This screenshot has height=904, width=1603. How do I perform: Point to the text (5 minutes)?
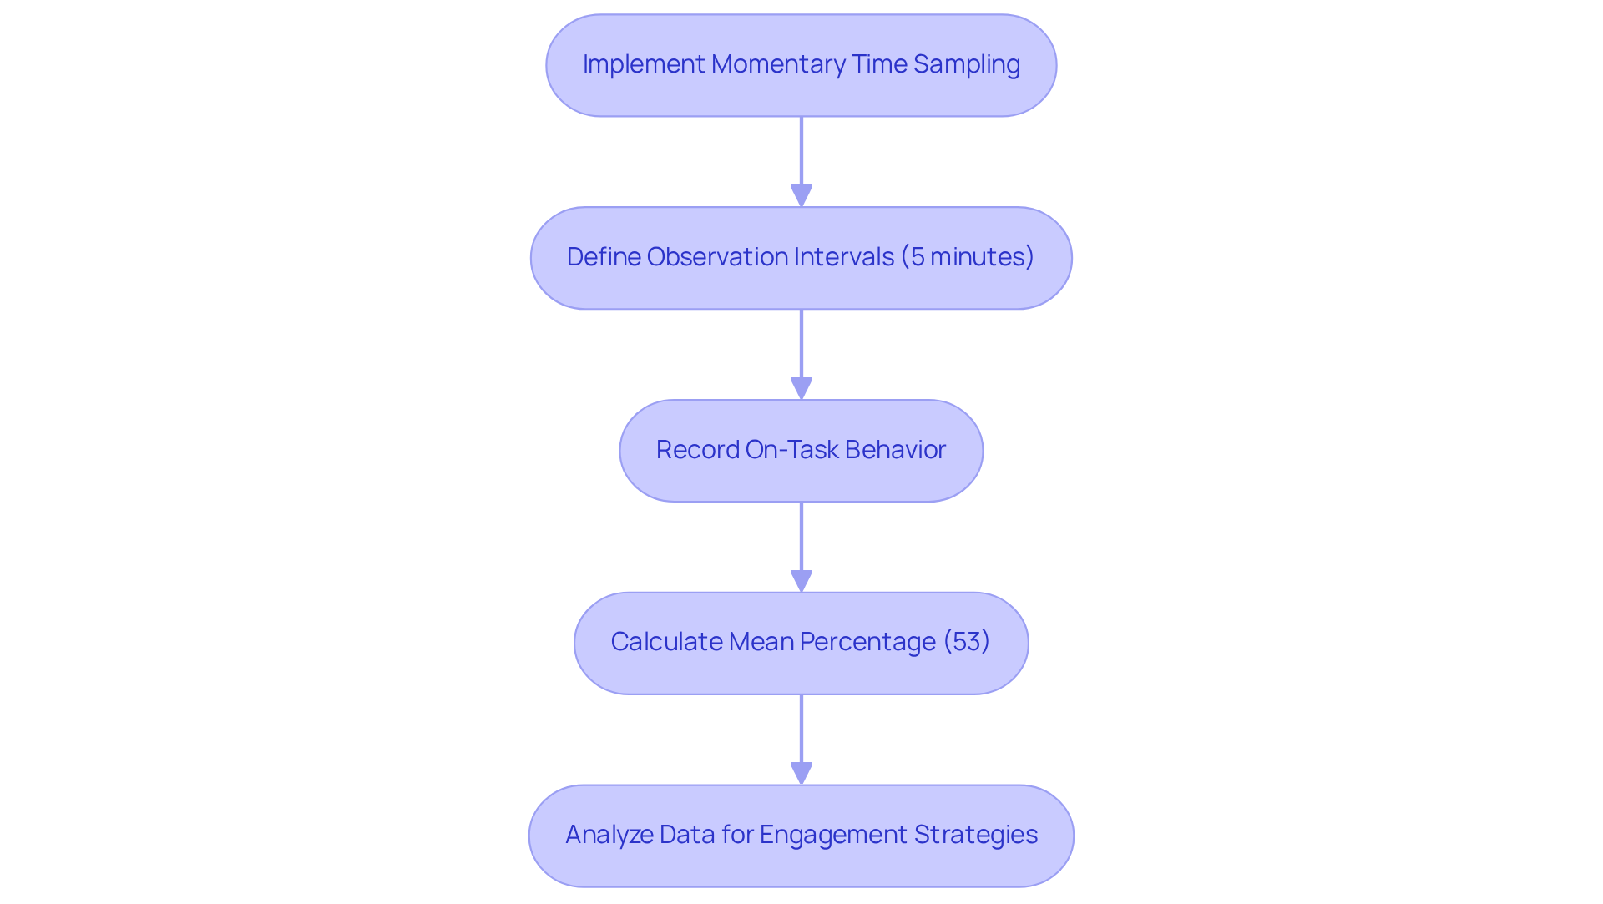tap(967, 257)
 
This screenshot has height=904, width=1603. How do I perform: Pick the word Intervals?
tap(844, 257)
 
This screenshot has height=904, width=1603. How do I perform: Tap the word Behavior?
tap(895, 450)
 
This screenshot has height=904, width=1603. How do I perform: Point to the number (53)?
tap(966, 642)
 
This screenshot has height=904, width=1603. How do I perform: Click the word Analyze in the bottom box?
tap(609, 835)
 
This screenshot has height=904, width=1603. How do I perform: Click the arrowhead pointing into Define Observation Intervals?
tap(801, 195)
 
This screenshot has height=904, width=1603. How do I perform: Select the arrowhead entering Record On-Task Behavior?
tap(801, 388)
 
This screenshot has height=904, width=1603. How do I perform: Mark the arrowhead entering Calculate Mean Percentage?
tap(801, 581)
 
